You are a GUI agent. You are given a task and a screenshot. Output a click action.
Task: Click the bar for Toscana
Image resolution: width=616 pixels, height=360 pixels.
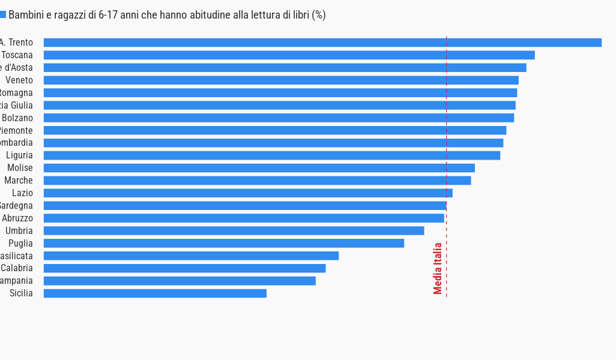(x=289, y=55)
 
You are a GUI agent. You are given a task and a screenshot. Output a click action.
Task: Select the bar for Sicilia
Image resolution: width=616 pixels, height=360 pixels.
(x=155, y=293)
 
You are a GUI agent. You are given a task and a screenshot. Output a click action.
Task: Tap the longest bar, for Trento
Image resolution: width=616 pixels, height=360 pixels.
(x=322, y=43)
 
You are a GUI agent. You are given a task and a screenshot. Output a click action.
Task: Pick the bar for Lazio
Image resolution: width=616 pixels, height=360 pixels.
(x=248, y=193)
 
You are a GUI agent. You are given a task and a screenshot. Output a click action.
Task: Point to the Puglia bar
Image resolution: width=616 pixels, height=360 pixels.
(x=223, y=243)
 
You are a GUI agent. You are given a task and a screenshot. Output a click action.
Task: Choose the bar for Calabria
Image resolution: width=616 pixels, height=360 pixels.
(x=184, y=268)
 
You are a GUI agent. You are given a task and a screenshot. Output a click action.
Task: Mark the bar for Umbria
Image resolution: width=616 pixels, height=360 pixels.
(x=234, y=230)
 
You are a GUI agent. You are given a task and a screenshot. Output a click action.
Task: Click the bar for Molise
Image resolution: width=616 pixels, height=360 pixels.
(x=259, y=168)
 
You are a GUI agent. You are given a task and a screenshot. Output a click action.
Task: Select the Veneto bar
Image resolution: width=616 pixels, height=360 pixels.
(x=281, y=80)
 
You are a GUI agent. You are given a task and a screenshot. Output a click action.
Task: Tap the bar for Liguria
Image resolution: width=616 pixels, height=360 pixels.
(x=271, y=155)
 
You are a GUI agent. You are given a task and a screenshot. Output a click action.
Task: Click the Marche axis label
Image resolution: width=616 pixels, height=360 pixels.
(x=19, y=181)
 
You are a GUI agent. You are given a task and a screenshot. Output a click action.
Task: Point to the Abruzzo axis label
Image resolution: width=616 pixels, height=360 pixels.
(x=17, y=218)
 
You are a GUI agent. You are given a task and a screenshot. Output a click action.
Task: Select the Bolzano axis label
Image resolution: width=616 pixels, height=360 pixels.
(x=17, y=118)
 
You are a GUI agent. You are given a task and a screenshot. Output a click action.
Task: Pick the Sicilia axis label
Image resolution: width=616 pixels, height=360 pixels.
(x=21, y=293)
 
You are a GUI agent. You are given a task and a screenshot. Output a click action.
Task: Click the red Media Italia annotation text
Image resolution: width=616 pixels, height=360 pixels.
(x=438, y=268)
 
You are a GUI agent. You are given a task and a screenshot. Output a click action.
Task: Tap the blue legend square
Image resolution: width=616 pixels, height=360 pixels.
(x=2, y=14)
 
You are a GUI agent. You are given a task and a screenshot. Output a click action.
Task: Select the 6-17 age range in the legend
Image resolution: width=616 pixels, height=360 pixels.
(x=108, y=15)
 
